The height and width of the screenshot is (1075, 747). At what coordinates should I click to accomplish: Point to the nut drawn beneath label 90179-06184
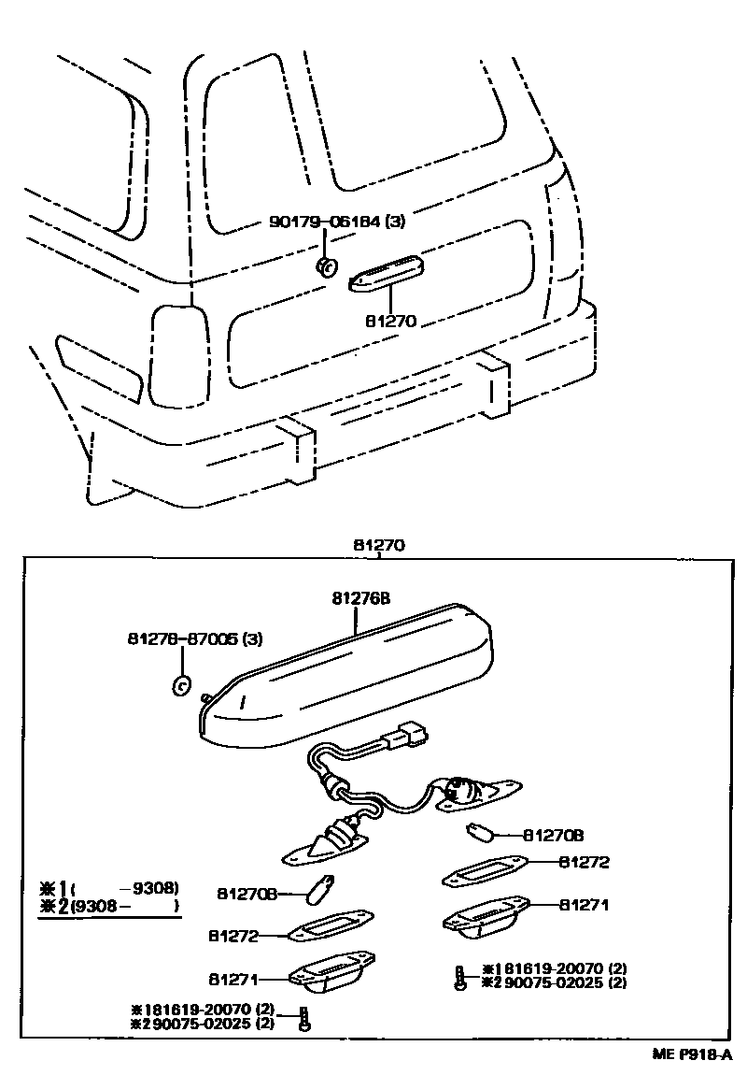[x=327, y=266]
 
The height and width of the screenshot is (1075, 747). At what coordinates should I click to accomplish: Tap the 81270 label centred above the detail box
[x=378, y=545]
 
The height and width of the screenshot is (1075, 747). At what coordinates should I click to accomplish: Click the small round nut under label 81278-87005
[x=183, y=685]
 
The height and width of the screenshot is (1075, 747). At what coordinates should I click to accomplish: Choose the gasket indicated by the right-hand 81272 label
[x=485, y=873]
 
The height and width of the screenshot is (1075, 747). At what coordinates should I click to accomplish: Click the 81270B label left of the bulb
[x=247, y=894]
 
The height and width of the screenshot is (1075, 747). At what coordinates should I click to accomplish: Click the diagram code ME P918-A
[x=692, y=1053]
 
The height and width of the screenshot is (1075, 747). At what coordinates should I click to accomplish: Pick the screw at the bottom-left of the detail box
[x=304, y=1019]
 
